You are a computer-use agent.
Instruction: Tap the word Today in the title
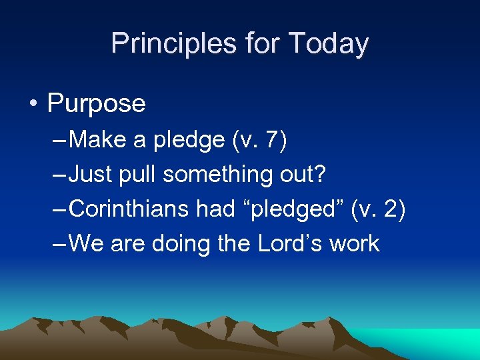329,44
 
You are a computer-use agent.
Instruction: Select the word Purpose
96,103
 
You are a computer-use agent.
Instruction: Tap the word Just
91,175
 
